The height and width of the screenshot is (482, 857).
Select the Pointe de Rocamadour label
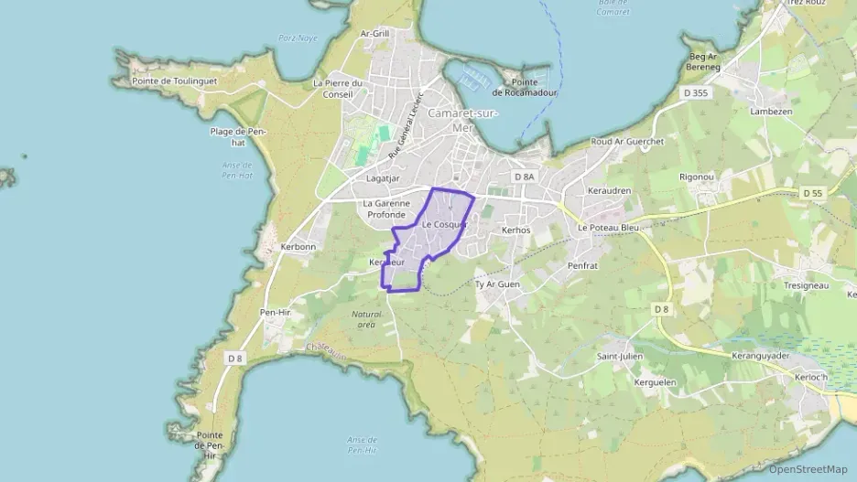click(x=525, y=87)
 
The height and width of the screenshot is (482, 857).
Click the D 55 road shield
click(x=812, y=193)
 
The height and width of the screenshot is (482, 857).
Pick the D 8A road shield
click(x=524, y=177)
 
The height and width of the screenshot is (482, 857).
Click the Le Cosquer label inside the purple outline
click(x=444, y=224)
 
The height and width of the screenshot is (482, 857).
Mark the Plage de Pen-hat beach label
click(x=237, y=136)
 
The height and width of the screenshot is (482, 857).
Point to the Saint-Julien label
click(x=620, y=356)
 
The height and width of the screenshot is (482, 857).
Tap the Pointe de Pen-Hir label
click(x=210, y=445)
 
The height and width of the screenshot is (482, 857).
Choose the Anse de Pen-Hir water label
click(x=363, y=445)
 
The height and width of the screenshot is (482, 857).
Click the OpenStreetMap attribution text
click(x=808, y=469)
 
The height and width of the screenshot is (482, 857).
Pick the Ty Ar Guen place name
click(x=497, y=284)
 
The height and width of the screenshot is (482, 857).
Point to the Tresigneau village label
click(x=806, y=285)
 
